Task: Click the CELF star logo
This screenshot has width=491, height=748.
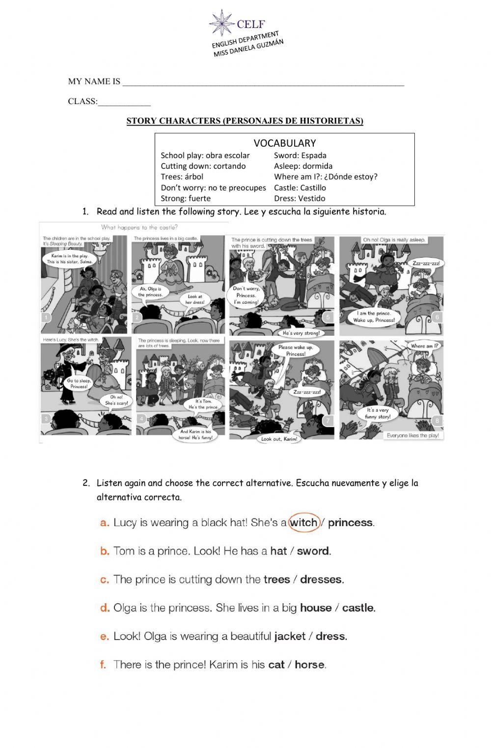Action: (x=221, y=23)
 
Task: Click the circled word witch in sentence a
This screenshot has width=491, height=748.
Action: (x=304, y=523)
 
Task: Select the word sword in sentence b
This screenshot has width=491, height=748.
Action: (x=313, y=551)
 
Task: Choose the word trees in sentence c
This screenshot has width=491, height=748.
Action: (x=276, y=580)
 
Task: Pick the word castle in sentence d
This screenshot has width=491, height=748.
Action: (x=358, y=608)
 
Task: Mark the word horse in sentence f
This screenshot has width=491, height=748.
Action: (x=309, y=665)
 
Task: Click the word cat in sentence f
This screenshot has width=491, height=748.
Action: (x=276, y=665)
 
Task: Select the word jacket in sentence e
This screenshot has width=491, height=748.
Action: (x=290, y=637)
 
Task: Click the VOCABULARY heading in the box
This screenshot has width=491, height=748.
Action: (x=284, y=143)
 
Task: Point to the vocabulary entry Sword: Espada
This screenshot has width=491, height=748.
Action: (x=300, y=156)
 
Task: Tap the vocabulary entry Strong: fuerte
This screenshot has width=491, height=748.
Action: (x=186, y=198)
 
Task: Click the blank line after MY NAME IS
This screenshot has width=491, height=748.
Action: (x=263, y=82)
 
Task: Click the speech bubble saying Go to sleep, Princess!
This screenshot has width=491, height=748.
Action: (x=77, y=383)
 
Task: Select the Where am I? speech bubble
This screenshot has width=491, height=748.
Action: (x=425, y=346)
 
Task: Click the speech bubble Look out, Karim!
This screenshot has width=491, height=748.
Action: (x=279, y=439)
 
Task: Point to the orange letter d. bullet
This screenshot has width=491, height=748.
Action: (x=105, y=608)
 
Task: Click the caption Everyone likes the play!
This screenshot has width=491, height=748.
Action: (x=412, y=435)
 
